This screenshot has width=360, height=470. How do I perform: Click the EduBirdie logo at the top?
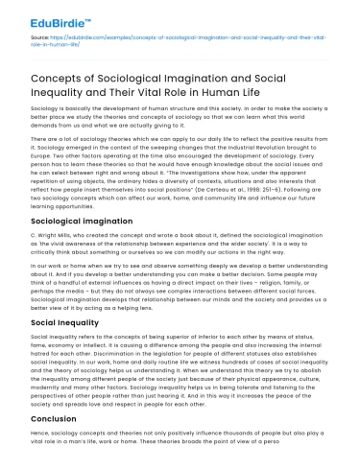tap(39, 16)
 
